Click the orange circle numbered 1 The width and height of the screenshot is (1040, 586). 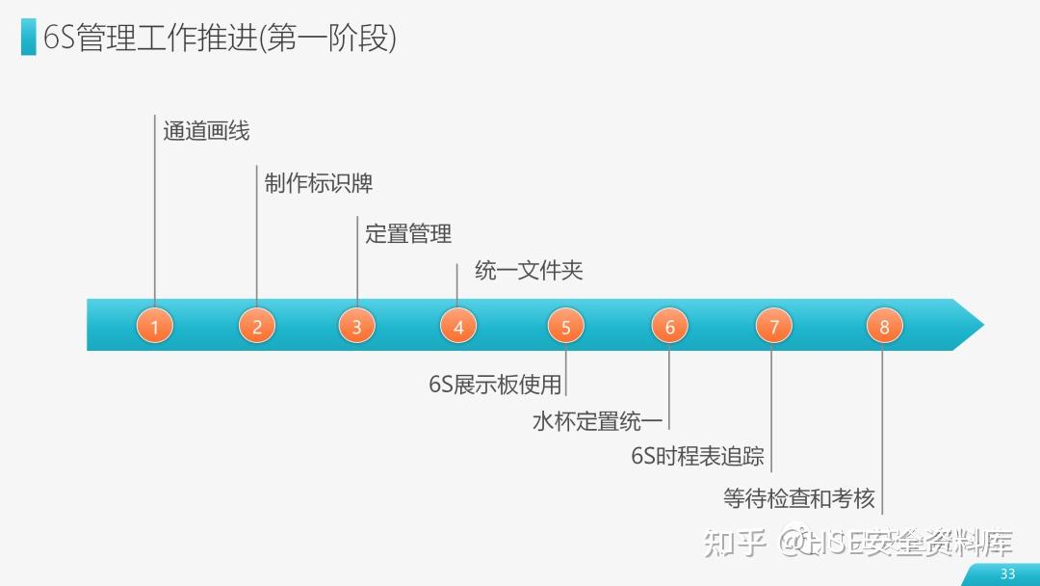coord(154,326)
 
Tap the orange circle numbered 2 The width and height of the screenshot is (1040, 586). coord(257,326)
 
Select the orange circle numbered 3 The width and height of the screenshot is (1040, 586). coord(356,326)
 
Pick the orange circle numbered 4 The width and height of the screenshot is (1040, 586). coord(458,326)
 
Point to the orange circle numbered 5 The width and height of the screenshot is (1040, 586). coord(565,326)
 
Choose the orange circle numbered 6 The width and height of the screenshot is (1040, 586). coord(669,326)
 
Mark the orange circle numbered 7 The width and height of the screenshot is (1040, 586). coord(773,326)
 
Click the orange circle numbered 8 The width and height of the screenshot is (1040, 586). coord(884,326)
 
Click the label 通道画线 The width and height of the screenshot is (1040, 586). coord(206,131)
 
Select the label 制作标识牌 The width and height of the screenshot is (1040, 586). coord(318,183)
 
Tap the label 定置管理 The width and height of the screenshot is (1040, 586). coord(408,233)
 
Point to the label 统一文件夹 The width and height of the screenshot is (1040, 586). coord(529,271)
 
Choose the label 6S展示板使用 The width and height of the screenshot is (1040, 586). coord(495,385)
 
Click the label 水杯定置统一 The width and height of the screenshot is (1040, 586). coord(597,421)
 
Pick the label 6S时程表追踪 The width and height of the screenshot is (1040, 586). coord(697,456)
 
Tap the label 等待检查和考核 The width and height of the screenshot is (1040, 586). coord(799,498)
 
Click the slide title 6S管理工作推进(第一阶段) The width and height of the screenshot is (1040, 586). coord(221,39)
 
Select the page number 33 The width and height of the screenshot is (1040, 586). coord(1007,573)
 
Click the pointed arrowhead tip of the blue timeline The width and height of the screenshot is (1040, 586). coord(981,325)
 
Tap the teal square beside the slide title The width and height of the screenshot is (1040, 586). coord(29,39)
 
